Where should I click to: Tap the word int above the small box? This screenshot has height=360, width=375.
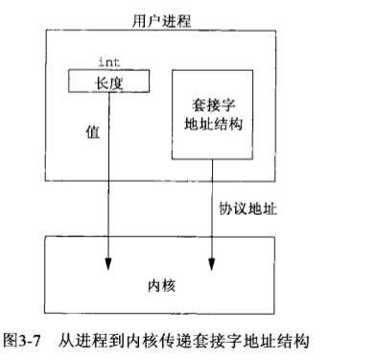click(x=108, y=62)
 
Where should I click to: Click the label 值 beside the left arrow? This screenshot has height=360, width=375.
click(x=92, y=134)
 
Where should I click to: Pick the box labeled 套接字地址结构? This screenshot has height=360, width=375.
click(x=211, y=113)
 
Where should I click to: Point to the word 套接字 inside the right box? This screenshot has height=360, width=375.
click(x=211, y=103)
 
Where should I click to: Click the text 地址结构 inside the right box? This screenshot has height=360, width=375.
click(x=211, y=125)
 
